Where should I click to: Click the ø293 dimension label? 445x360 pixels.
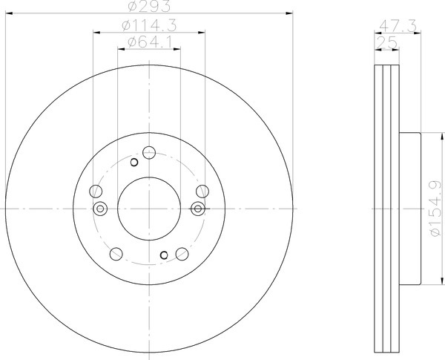coord(149,6)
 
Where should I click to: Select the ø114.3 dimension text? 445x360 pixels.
coord(149,25)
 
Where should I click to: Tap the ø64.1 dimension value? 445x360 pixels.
coord(150,42)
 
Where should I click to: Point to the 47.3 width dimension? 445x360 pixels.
coord(398,27)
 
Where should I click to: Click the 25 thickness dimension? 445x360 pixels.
coord(386,43)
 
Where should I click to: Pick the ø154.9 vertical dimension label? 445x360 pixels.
coord(436,209)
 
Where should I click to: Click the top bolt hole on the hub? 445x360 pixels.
coord(149,153)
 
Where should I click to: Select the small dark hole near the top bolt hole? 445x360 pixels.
coord(134,163)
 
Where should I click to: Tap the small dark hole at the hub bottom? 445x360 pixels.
coord(164,255)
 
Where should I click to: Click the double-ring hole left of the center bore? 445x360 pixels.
coord(100,209)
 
